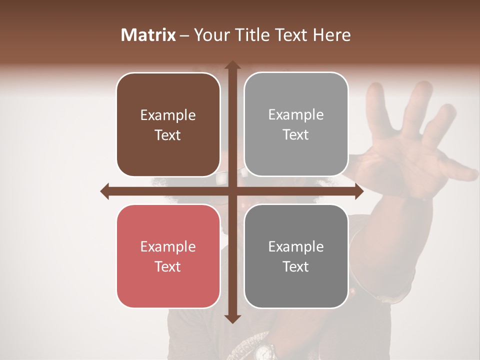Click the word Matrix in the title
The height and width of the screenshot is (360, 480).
148,35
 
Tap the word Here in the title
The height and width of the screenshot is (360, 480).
331,35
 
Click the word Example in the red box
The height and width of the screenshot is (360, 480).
168,246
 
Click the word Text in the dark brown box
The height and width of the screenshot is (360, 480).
168,135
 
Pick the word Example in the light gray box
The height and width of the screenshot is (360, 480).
296,114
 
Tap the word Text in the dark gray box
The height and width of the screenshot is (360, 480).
296,266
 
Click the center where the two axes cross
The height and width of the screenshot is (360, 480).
232,191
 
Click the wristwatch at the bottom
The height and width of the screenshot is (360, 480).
262,351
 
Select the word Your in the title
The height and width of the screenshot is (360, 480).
209,35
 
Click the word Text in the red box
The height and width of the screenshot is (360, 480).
168,266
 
